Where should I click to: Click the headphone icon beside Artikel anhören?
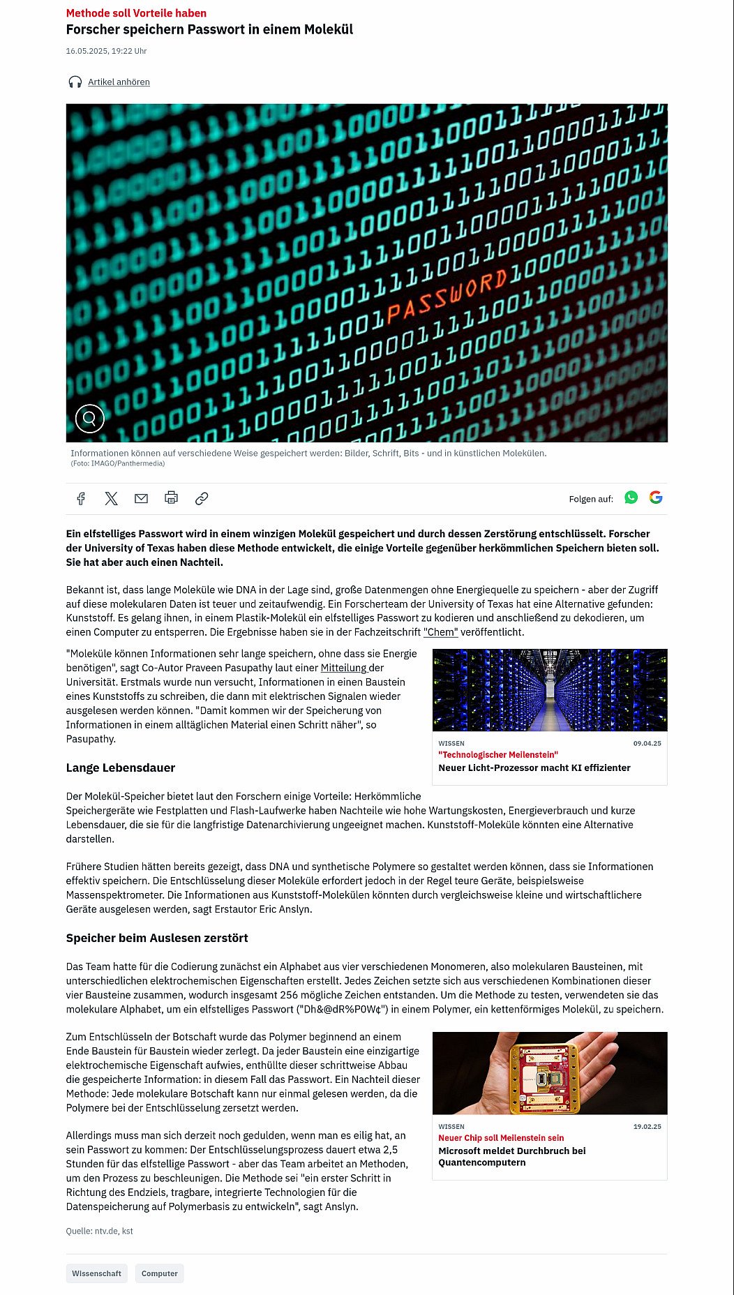tap(75, 82)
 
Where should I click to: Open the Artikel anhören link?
tap(119, 82)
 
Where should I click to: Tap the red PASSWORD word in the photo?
tap(447, 297)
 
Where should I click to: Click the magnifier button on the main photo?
tap(90, 418)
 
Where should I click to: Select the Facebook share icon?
tap(81, 498)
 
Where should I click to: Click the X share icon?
tap(112, 498)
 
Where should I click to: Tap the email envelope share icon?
tap(141, 498)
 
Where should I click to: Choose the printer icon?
tap(171, 498)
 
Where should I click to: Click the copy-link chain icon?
tap(202, 498)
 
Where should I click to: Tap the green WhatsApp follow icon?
tap(631, 497)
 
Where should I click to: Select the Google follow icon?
tap(656, 497)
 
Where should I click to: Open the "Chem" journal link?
tap(441, 632)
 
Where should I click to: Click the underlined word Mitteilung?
tap(343, 668)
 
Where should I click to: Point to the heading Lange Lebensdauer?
tap(121, 768)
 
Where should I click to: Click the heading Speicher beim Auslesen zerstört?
tap(157, 938)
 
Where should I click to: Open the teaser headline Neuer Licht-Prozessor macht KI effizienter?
tap(534, 768)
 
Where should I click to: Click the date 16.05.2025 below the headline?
tap(106, 51)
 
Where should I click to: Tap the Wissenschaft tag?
tap(97, 1273)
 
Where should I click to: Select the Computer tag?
tap(160, 1273)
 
